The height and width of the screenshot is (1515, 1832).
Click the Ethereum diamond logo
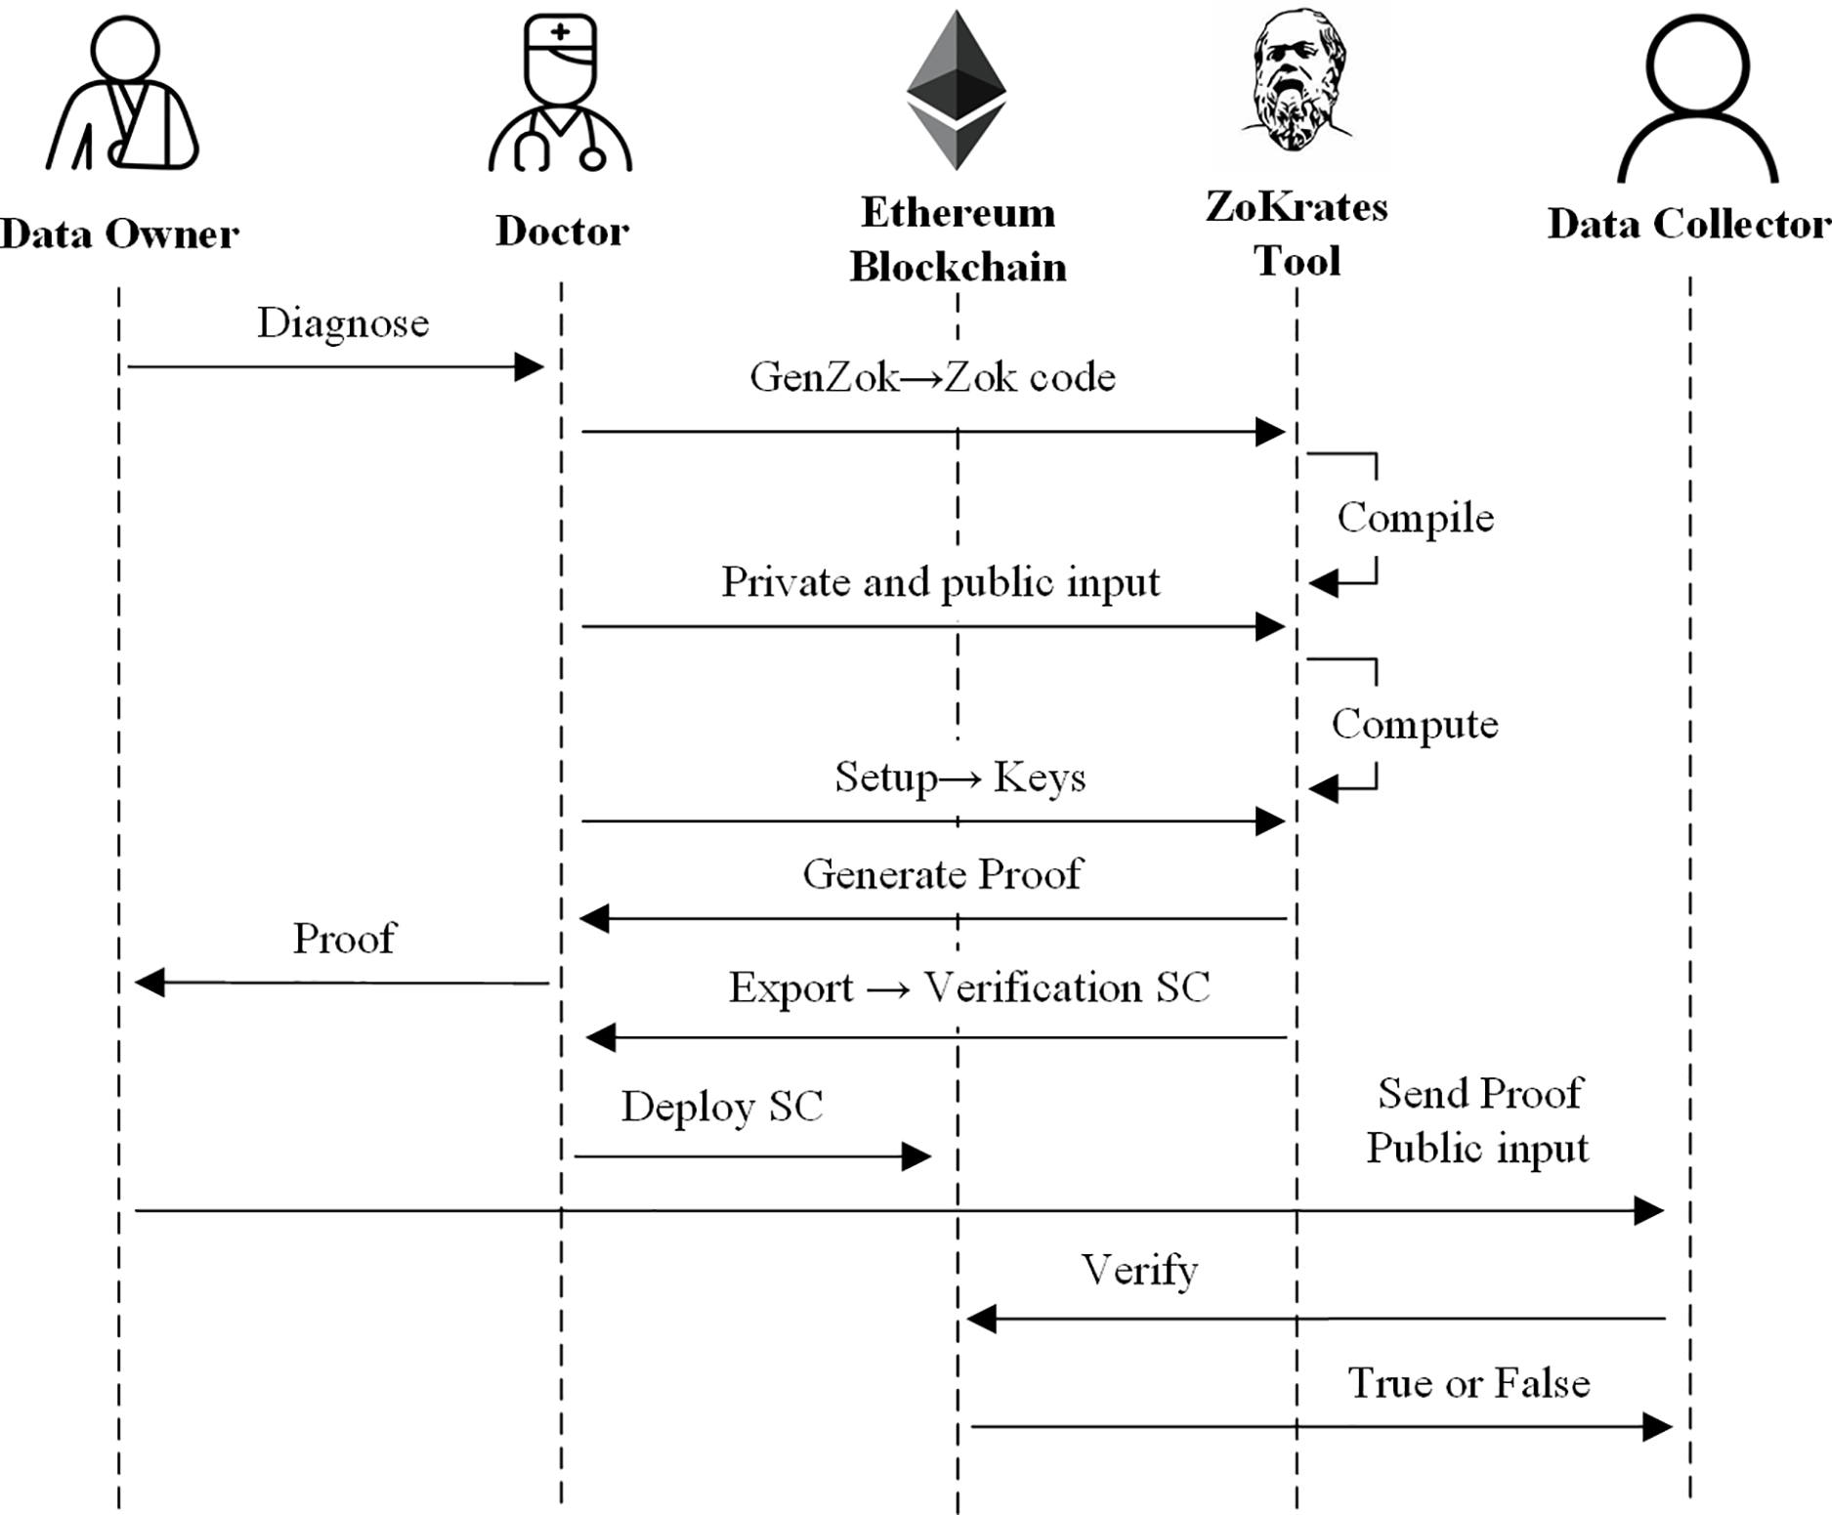(x=957, y=90)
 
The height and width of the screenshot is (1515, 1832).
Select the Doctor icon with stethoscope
(x=561, y=94)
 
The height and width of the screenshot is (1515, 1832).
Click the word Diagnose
(x=343, y=323)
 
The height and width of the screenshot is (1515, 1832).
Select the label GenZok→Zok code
(x=932, y=377)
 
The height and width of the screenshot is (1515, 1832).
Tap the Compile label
(x=1416, y=518)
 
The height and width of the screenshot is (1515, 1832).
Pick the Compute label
(x=1415, y=725)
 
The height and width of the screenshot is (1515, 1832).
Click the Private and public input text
(x=941, y=583)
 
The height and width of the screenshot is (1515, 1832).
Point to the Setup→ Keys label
(x=960, y=779)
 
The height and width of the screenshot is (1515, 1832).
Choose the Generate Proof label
(x=943, y=874)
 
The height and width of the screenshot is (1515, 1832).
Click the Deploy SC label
(x=722, y=1107)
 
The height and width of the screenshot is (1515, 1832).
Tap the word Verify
(x=1139, y=1271)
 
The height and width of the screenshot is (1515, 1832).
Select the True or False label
(x=1470, y=1383)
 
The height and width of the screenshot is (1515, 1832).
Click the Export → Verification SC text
(x=969, y=988)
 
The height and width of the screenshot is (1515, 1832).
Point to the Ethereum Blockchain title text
(x=958, y=239)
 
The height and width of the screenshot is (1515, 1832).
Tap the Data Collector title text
(x=1689, y=224)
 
